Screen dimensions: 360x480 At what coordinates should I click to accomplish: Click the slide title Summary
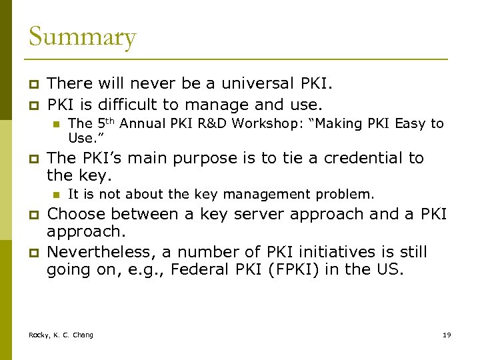point(82,37)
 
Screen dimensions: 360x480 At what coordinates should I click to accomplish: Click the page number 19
point(447,335)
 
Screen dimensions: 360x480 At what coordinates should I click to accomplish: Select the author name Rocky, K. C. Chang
point(61,335)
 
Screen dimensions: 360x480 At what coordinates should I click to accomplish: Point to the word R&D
point(195,123)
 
